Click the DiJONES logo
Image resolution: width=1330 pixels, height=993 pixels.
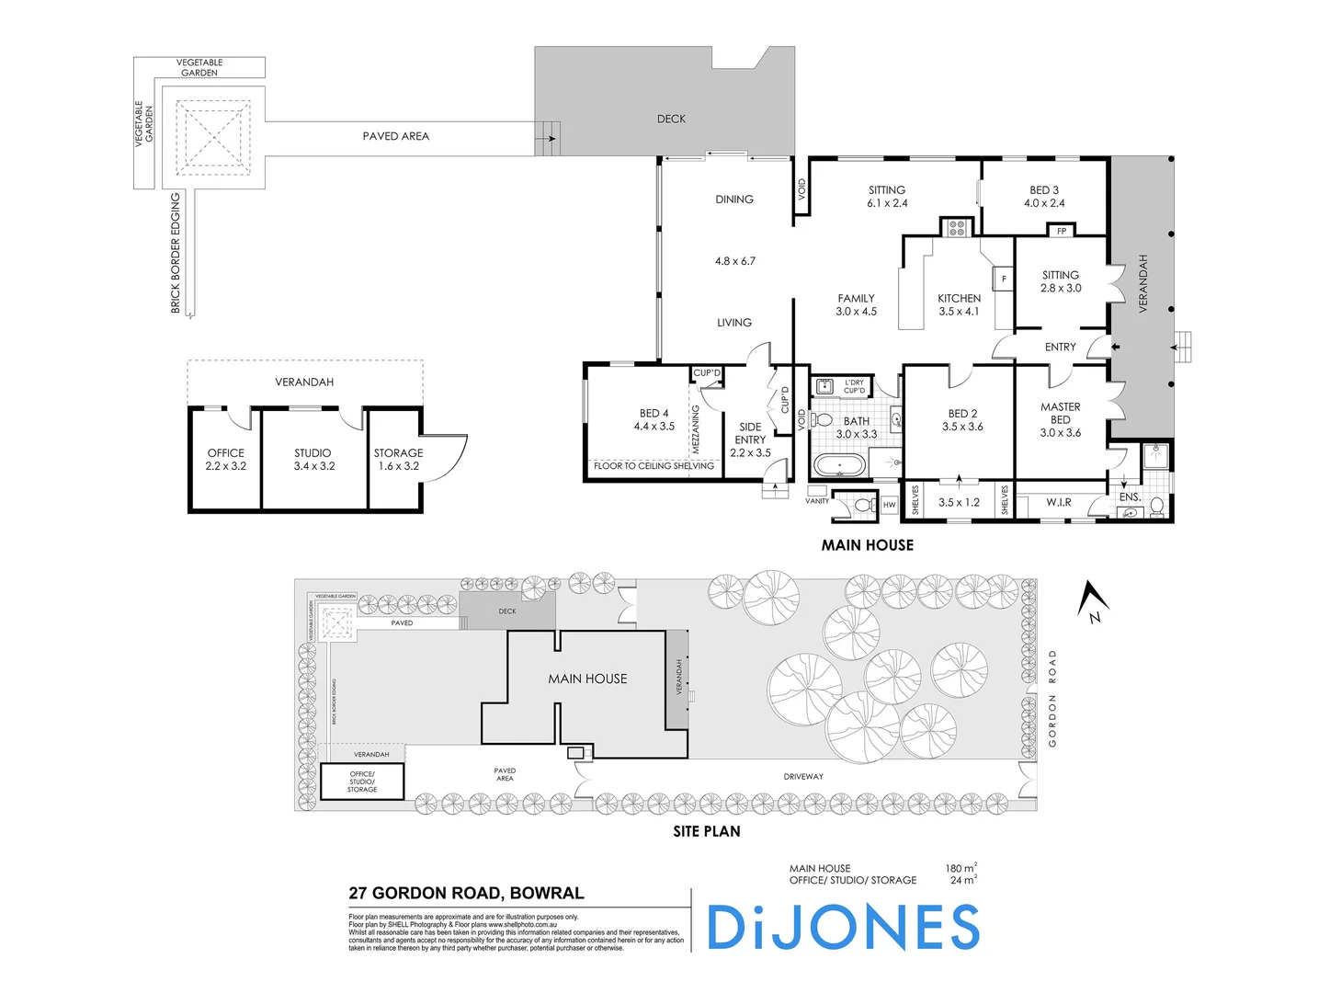click(843, 927)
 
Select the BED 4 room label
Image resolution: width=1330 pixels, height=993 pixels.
click(654, 419)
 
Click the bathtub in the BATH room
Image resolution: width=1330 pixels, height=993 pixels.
click(837, 465)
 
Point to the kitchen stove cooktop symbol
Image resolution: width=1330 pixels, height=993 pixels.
click(957, 227)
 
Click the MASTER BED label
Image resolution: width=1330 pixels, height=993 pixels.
click(1060, 419)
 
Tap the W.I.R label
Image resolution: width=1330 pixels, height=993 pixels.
click(1058, 502)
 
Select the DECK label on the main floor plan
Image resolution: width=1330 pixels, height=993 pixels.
click(671, 119)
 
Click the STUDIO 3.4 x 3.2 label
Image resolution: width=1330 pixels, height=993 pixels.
click(313, 459)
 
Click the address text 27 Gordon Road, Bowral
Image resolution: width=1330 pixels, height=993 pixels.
click(466, 893)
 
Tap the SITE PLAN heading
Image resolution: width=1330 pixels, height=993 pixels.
click(706, 831)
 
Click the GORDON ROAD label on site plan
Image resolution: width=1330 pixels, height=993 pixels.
click(1052, 698)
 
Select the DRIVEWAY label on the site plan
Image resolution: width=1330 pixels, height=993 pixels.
click(802, 777)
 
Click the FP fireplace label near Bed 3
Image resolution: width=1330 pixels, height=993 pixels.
click(1062, 231)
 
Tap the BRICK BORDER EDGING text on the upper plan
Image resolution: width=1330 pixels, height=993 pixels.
click(176, 253)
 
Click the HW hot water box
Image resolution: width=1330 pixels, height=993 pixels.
click(889, 505)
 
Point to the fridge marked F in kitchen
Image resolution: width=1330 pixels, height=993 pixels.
click(1003, 279)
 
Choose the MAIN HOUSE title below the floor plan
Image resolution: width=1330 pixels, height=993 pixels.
click(867, 545)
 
